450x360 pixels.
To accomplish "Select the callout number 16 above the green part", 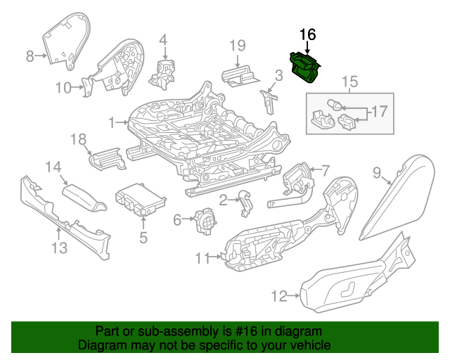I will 308,34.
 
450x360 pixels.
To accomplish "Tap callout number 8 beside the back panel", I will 30,56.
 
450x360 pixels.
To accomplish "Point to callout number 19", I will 238,46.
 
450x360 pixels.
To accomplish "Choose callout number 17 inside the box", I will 379,111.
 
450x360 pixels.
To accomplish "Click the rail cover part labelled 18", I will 105,157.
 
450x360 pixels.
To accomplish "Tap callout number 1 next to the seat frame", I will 112,123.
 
